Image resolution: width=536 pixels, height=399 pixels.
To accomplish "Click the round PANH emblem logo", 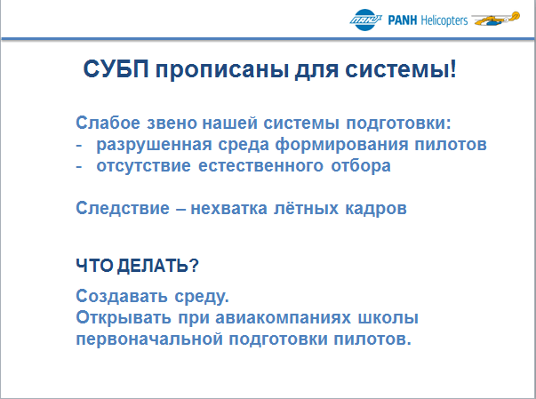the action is point(365,20).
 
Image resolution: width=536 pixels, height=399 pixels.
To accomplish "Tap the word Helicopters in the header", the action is point(444,20).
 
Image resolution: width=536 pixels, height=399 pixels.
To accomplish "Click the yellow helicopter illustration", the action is point(496,19).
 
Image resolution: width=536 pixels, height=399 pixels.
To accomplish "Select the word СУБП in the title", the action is point(116,69).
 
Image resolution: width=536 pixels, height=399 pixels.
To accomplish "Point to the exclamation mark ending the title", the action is point(453,68).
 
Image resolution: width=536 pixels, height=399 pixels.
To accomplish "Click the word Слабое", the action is point(108,123).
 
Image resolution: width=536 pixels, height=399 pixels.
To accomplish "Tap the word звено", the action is point(171,124).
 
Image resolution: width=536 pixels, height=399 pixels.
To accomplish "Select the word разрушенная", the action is point(154,145).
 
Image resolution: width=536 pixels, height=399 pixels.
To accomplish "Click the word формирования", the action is point(342,144).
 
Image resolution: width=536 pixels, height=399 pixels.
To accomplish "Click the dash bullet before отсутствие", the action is point(79,166).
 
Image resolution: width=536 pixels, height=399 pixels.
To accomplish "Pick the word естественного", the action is point(260,166).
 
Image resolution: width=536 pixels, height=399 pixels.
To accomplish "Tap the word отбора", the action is point(361,165).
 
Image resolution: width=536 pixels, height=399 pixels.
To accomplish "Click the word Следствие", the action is point(123,208).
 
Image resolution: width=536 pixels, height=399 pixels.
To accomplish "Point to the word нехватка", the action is point(228,209).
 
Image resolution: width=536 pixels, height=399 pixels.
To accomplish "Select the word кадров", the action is point(376,209).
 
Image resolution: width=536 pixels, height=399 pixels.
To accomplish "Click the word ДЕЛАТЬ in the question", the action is point(153,266).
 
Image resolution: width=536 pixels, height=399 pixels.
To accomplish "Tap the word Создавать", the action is point(122,296).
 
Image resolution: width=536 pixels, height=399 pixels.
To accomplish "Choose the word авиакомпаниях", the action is point(283,318).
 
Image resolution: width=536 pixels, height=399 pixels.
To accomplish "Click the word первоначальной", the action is point(149,339).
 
